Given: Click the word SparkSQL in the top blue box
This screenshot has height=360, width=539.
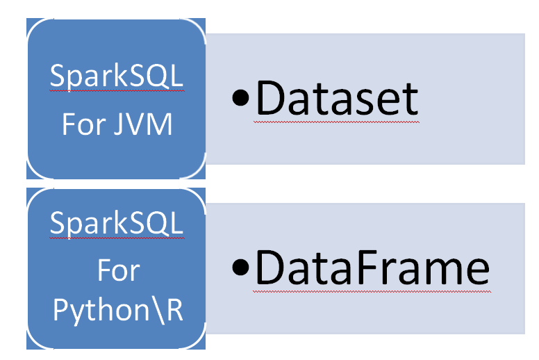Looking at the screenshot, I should click(x=117, y=78).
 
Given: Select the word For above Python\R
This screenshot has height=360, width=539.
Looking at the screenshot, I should click(x=118, y=271).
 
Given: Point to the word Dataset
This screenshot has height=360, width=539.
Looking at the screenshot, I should click(x=337, y=99).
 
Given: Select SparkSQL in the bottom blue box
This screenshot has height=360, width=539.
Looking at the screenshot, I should click(x=117, y=224).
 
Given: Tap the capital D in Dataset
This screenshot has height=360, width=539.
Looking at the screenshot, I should click(x=272, y=99).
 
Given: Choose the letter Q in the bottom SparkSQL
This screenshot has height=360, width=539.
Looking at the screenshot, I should click(x=157, y=224).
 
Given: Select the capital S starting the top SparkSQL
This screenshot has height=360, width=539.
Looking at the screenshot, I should click(x=58, y=78).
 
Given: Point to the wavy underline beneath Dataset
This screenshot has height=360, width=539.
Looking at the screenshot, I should click(x=337, y=122).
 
